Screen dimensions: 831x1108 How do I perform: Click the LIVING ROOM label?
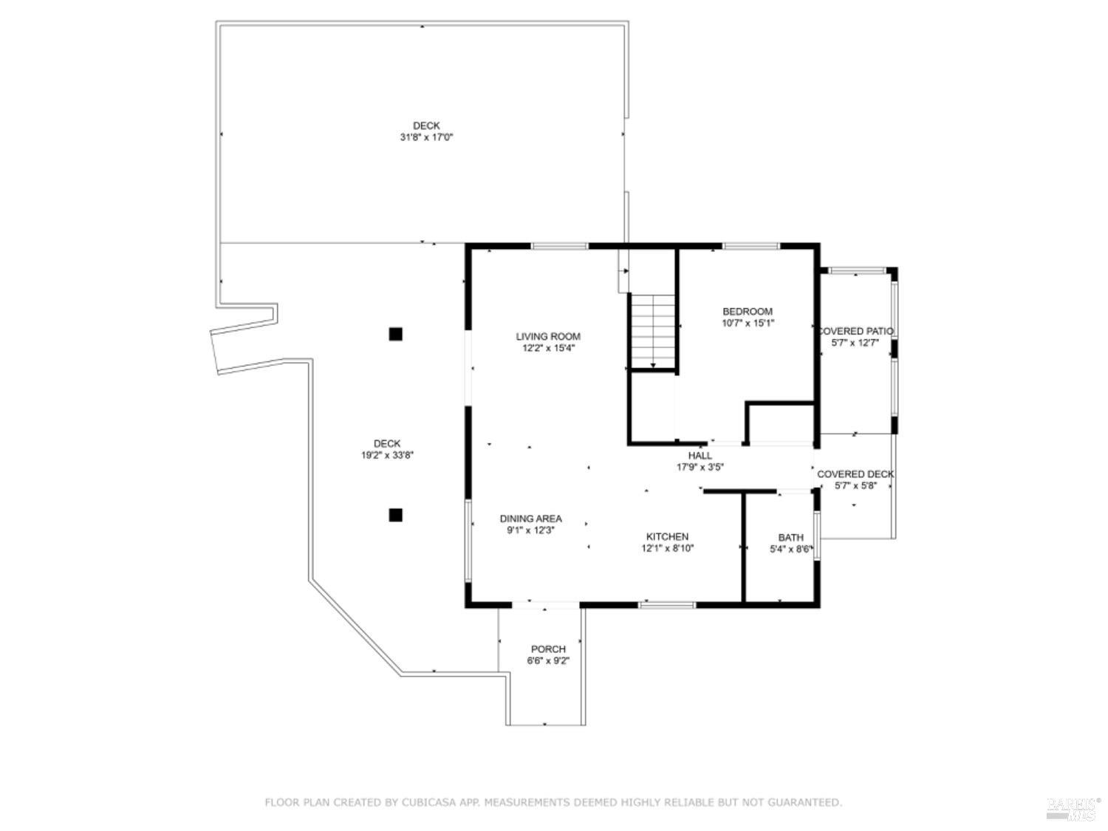[x=548, y=336]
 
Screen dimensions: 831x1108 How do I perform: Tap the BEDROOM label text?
[x=748, y=311]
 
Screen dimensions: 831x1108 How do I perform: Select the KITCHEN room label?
[x=667, y=536]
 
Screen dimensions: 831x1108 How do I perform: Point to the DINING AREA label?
[x=530, y=519]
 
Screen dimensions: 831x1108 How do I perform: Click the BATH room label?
[x=790, y=537]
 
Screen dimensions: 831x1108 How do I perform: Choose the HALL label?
[x=700, y=455]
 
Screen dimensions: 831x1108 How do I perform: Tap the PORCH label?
[x=548, y=649]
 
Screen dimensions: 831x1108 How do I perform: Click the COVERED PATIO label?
[x=855, y=331]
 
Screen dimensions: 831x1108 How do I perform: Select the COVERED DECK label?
[x=855, y=473]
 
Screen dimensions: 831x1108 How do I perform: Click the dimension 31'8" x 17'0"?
[x=426, y=137]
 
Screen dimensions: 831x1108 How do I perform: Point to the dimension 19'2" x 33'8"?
[x=387, y=456]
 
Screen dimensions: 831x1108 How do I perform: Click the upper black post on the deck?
[x=396, y=334]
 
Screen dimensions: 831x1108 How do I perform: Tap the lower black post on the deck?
[x=396, y=515]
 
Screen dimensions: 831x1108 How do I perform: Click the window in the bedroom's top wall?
[x=751, y=246]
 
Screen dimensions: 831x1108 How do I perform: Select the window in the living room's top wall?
[x=560, y=246]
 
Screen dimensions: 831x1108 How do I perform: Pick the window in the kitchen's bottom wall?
[x=667, y=605]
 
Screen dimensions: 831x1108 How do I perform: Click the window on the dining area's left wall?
[x=468, y=539]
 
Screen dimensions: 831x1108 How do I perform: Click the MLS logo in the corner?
[x=1073, y=809]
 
